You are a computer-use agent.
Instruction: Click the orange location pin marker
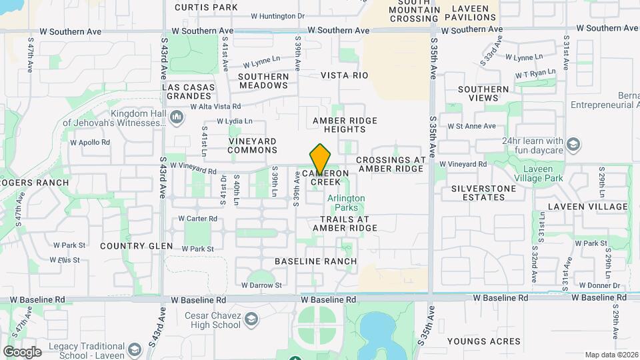320,160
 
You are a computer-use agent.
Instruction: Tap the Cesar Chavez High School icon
251,320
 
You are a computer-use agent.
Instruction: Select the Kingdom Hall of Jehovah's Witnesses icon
177,118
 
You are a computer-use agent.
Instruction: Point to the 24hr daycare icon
573,145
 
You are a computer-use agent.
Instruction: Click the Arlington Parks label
346,203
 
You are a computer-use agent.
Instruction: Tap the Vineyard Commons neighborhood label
252,145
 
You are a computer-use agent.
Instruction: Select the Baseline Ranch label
315,261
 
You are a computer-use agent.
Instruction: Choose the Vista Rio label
344,76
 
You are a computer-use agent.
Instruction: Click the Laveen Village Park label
538,173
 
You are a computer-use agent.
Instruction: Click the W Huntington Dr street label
277,15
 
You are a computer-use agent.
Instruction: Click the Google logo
22,351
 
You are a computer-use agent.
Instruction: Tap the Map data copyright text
611,355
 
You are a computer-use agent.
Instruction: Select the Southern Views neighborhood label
483,93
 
